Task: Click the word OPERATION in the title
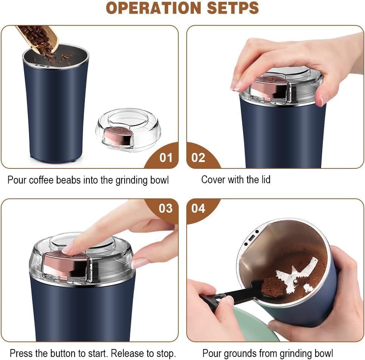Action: [148, 8]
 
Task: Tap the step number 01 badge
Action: [165, 157]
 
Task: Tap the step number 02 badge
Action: [198, 157]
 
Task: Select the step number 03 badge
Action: [165, 208]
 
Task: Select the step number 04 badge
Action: [198, 208]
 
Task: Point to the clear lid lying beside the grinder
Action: [128, 129]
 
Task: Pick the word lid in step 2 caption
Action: [264, 179]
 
